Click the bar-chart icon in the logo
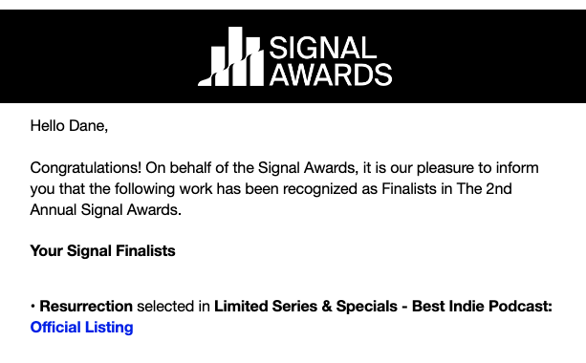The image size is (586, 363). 230,56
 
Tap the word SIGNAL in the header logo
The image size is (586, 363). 323,46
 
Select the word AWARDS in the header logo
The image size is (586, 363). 330,74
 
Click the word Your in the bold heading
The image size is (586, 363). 47,251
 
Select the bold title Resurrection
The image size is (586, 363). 86,307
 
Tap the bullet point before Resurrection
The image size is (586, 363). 33,307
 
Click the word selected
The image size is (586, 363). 173,307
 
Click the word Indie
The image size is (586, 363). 469,307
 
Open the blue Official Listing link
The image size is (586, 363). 82,328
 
